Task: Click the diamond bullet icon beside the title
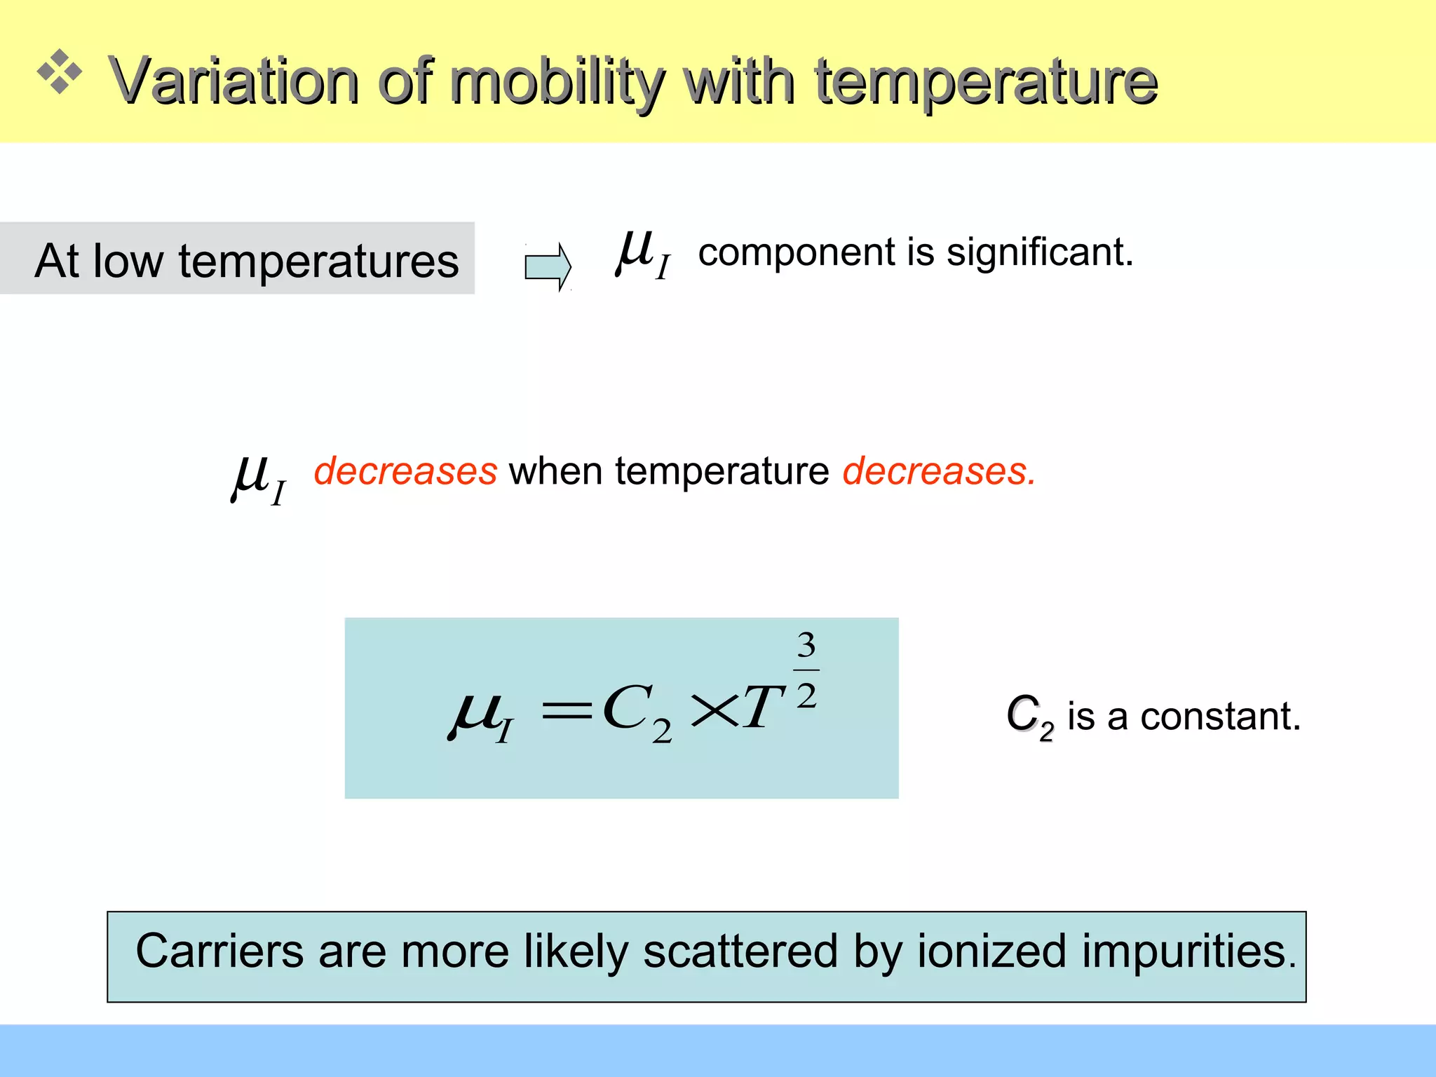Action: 60,72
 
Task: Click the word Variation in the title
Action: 233,81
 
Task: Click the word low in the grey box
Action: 128,261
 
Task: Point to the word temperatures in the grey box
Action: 318,261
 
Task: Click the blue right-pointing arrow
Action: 548,266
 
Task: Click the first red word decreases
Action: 405,470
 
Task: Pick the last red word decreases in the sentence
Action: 938,470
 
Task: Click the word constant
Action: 1220,717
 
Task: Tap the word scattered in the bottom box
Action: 740,951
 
